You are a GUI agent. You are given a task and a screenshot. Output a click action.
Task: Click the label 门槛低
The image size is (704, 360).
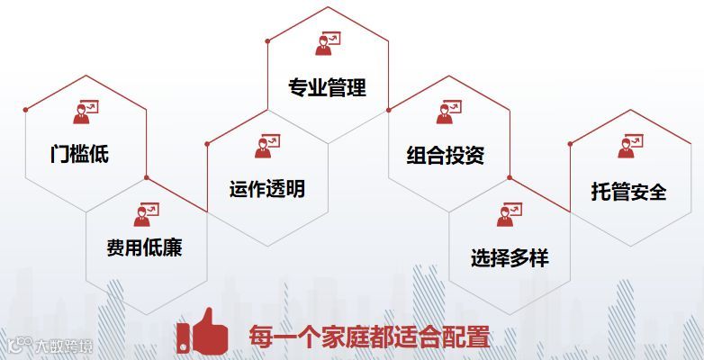pyautogui.click(x=79, y=153)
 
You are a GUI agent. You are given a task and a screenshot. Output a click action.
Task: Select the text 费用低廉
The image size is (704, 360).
pyautogui.click(x=144, y=247)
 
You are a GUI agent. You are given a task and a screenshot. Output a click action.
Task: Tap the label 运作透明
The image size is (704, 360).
pyautogui.click(x=267, y=189)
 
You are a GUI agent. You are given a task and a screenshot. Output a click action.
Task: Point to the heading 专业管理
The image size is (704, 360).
pyautogui.click(x=327, y=88)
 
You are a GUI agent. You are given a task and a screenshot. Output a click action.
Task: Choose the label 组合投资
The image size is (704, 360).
pyautogui.click(x=446, y=155)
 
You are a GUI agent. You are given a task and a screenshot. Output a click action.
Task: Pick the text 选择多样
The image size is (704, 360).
pyautogui.click(x=509, y=257)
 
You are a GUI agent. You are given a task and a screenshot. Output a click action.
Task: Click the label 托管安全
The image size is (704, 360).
pyautogui.click(x=629, y=192)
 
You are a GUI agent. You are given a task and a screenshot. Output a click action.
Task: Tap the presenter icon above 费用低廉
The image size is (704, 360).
pyautogui.click(x=147, y=213)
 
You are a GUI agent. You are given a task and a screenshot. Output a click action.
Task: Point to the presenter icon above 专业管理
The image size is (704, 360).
pyautogui.click(x=327, y=41)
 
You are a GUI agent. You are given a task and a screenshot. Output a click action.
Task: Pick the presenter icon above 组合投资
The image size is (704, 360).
pyautogui.click(x=447, y=112)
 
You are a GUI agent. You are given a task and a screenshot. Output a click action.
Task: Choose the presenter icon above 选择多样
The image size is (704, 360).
pyautogui.click(x=509, y=214)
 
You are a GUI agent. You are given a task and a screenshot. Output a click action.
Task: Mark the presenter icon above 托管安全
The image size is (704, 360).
pyautogui.click(x=630, y=145)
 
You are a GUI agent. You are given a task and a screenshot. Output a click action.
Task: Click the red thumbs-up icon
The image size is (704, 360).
pyautogui.click(x=202, y=332)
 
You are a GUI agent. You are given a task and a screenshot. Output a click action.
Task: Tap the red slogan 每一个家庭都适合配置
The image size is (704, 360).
pyautogui.click(x=369, y=337)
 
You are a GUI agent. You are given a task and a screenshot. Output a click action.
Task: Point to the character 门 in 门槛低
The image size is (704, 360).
pyautogui.click(x=60, y=153)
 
